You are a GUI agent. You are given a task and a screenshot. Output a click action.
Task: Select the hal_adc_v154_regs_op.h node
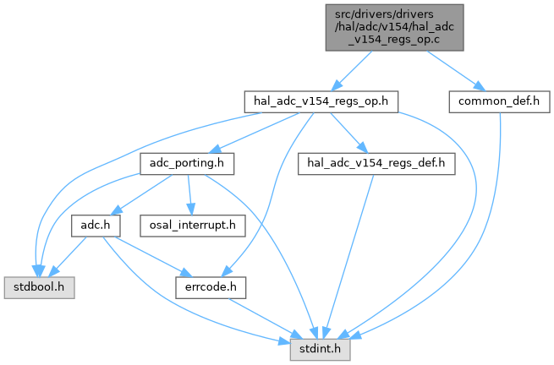coord(321,101)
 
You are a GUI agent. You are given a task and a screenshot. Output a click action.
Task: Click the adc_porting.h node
coord(186,161)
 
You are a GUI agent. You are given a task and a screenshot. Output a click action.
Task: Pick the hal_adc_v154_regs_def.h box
coord(376,161)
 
